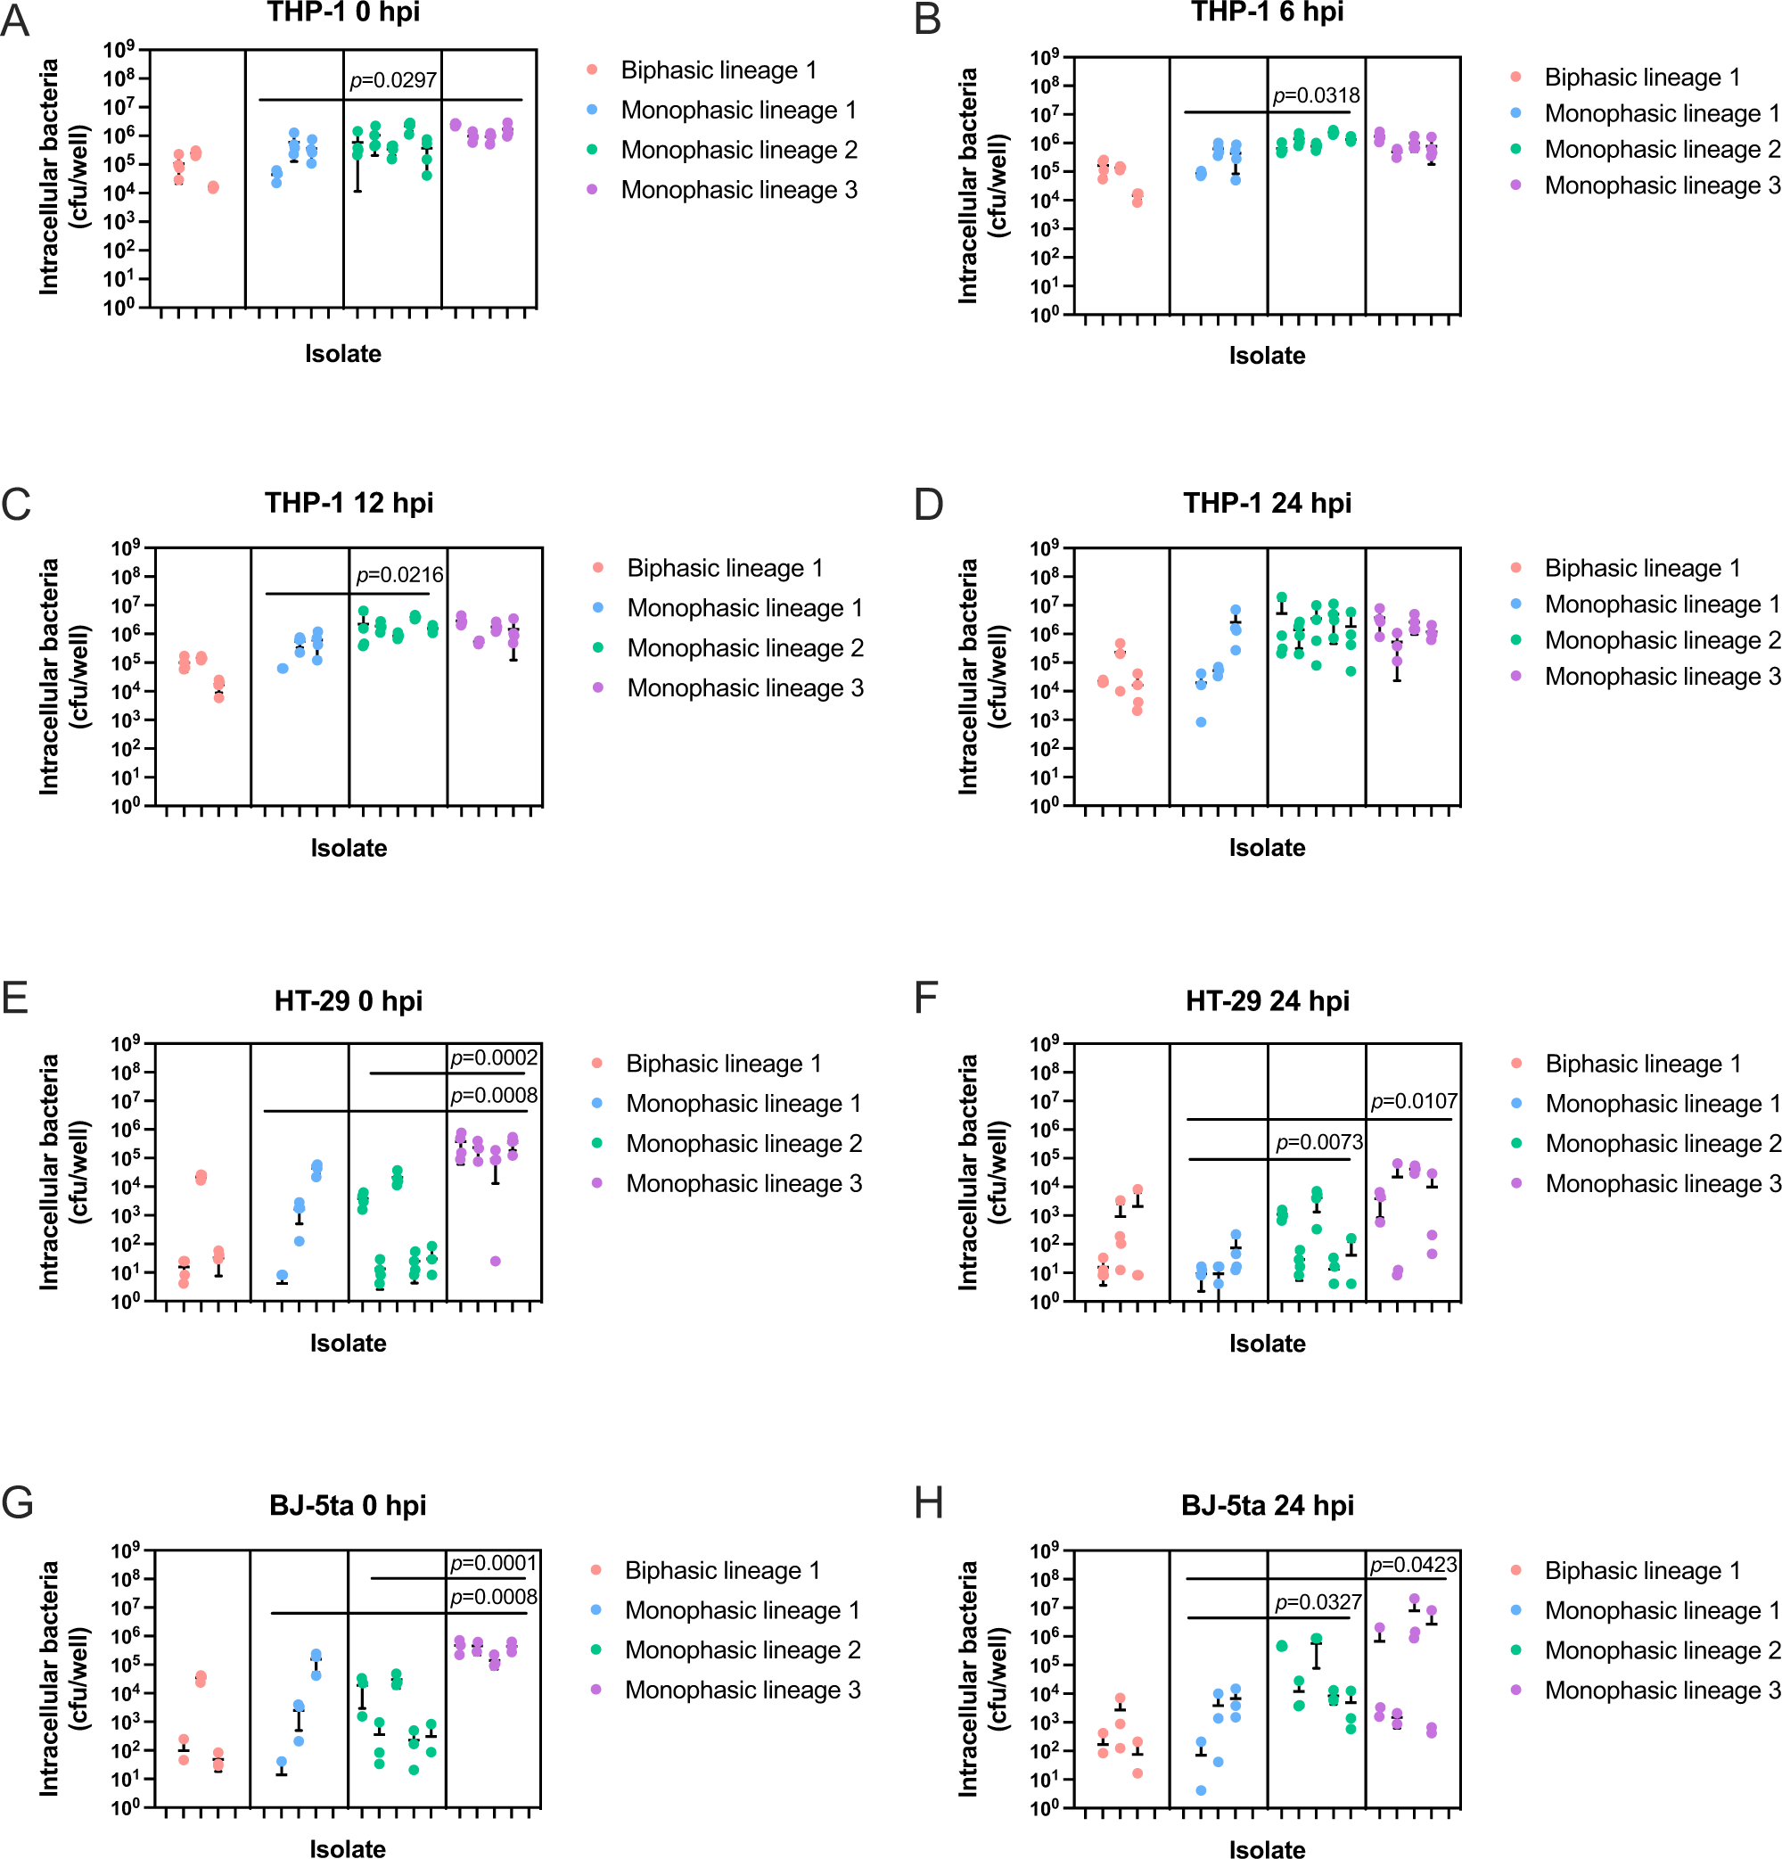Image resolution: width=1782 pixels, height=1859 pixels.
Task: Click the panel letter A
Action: point(15,21)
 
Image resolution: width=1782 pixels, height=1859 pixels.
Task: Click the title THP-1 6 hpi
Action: point(1266,12)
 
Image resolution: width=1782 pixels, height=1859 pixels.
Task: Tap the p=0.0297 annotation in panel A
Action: point(392,80)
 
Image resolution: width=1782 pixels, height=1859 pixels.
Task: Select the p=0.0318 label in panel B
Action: point(1316,95)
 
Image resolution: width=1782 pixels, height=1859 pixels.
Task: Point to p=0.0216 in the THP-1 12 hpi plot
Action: point(399,575)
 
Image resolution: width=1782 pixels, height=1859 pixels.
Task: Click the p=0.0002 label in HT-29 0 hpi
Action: point(493,1057)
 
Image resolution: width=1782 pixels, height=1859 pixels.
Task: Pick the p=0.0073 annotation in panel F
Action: point(1318,1143)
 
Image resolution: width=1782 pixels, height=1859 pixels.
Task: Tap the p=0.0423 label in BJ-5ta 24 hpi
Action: point(1413,1565)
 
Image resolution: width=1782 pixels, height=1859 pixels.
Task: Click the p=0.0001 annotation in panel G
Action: point(493,1563)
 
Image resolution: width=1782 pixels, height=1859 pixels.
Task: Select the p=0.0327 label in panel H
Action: point(1318,1603)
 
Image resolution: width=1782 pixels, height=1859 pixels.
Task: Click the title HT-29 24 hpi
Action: point(1266,1000)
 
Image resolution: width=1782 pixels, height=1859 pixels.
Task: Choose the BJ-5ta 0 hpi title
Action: point(347,1505)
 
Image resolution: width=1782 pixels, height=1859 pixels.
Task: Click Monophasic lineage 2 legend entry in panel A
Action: point(739,150)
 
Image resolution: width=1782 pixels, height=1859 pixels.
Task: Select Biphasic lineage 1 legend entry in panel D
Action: point(1642,568)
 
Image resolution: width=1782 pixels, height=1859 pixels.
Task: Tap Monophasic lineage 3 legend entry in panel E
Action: point(743,1184)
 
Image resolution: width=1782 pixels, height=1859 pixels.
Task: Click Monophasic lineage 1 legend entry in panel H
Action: point(1662,1610)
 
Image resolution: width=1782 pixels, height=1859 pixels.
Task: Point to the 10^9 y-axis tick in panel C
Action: point(125,548)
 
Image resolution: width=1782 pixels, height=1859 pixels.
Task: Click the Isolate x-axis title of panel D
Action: point(1266,848)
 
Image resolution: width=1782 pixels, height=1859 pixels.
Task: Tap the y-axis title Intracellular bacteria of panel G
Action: point(49,1678)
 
